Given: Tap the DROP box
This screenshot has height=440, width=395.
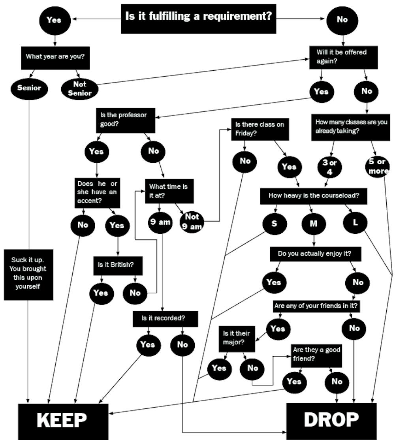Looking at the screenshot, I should coord(331,420).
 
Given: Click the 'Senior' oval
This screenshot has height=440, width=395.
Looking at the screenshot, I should coord(29,88).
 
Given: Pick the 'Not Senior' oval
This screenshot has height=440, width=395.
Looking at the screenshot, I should coord(79,88).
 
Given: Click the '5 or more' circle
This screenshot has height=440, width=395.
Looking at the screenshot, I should coord(378,166).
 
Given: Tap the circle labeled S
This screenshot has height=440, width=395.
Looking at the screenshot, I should coord(274,223).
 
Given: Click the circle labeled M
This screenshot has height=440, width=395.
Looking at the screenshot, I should coord(314,224).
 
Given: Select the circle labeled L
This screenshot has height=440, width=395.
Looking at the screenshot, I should coord(355,222).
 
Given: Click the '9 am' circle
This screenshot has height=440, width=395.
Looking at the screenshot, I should coord(160,222).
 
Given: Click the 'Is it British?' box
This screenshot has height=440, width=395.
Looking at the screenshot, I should coord(117,265).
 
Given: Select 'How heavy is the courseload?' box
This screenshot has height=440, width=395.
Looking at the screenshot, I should coord(314,196).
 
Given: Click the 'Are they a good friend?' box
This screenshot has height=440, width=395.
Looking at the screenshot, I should coord(316,354).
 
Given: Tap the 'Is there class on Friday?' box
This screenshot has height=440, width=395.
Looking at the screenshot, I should coord(260,129).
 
